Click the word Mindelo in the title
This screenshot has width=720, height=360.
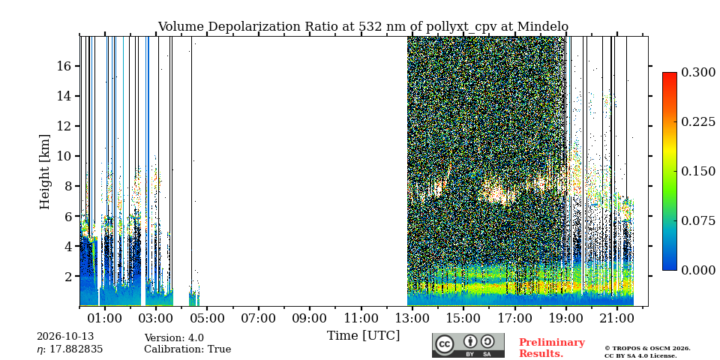[543, 27]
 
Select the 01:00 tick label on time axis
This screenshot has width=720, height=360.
[105, 318]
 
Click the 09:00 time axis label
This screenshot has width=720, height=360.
[310, 318]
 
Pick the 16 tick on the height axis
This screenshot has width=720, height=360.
[63, 66]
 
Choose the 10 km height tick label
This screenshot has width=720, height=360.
[63, 156]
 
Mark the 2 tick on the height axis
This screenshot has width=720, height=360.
[67, 277]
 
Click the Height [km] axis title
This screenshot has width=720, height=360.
[44, 172]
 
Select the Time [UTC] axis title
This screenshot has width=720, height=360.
[363, 336]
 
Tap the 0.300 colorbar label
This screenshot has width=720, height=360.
[698, 73]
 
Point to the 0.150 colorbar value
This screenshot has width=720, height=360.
[698, 171]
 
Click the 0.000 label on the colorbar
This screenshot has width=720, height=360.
[698, 270]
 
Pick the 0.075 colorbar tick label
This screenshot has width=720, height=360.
[698, 220]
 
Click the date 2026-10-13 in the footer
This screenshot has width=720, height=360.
[65, 337]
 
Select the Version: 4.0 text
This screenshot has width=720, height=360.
[174, 338]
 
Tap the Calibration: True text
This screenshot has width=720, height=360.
[187, 349]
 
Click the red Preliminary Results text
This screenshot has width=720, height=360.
[552, 348]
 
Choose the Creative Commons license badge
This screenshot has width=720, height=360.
[468, 345]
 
